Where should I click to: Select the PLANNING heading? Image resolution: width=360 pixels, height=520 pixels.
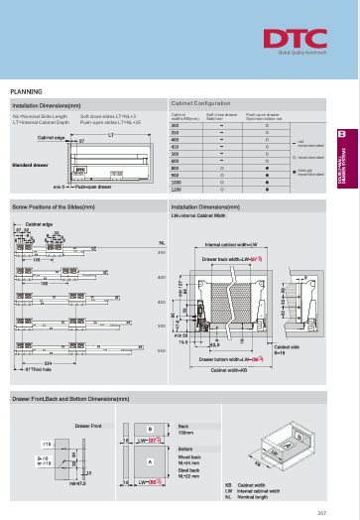click(x=26, y=90)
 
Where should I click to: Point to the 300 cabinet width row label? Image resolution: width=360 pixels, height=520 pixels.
click(x=177, y=127)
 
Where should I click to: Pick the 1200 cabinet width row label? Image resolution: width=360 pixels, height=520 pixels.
click(x=178, y=190)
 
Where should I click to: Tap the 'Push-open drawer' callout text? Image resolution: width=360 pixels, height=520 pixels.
click(x=95, y=186)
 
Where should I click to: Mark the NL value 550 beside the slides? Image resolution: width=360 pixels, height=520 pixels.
click(x=161, y=350)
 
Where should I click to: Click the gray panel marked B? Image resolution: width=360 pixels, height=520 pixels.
click(x=149, y=434)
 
